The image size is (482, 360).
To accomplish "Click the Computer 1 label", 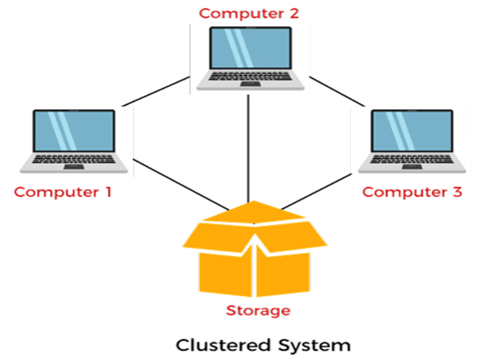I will (x=63, y=192).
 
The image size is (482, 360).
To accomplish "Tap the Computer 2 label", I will (x=249, y=13).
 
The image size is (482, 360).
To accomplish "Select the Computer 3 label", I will (x=413, y=192).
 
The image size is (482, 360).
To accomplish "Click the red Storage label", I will (x=258, y=310).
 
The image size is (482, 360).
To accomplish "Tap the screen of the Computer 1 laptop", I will (x=73, y=131).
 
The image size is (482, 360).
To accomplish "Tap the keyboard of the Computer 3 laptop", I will (x=411, y=159).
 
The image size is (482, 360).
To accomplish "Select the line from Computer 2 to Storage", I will (x=248, y=149).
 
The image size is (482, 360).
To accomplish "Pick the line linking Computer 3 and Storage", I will (x=316, y=192).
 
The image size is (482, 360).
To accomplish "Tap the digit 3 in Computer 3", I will (x=457, y=192).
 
